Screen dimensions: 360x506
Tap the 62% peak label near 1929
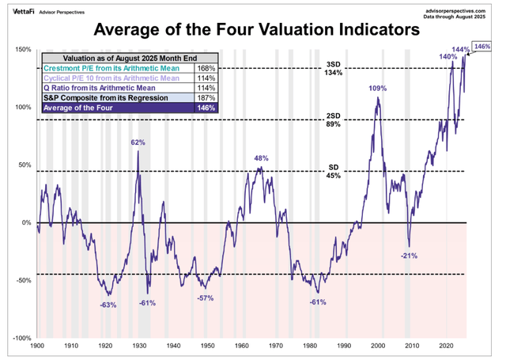tap(138, 143)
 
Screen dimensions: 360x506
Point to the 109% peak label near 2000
tap(379, 88)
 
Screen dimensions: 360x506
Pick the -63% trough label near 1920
tap(108, 305)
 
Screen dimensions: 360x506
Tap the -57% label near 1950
tap(206, 298)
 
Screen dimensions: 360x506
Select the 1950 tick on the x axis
tap(207, 347)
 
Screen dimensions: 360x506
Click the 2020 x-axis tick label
tap(446, 347)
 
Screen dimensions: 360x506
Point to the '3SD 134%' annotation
tap(333, 68)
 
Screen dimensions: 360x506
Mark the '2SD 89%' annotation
tap(333, 119)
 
